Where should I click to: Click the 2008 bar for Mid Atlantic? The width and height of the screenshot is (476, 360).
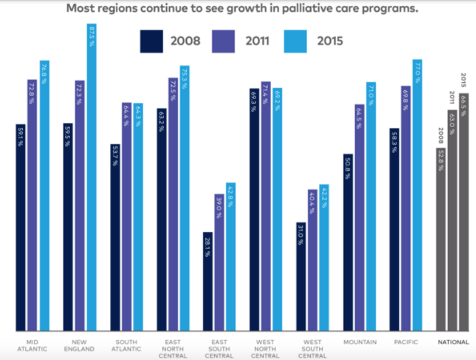[21, 227]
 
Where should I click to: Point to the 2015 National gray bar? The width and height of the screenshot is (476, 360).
[464, 211]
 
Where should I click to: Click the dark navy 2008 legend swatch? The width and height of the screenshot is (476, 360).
[151, 41]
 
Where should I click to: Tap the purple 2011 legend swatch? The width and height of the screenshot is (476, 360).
[223, 41]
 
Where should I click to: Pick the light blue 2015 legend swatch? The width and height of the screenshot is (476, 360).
[295, 41]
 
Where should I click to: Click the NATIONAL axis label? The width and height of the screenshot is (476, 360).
[453, 342]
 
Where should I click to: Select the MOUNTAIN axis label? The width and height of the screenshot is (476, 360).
[360, 342]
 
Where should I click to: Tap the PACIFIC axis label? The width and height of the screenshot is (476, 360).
[406, 342]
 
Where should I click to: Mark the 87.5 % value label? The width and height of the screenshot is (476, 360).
[92, 37]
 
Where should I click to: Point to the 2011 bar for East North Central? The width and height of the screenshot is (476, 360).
[173, 204]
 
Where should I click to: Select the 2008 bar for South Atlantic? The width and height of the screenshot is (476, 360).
[115, 237]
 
